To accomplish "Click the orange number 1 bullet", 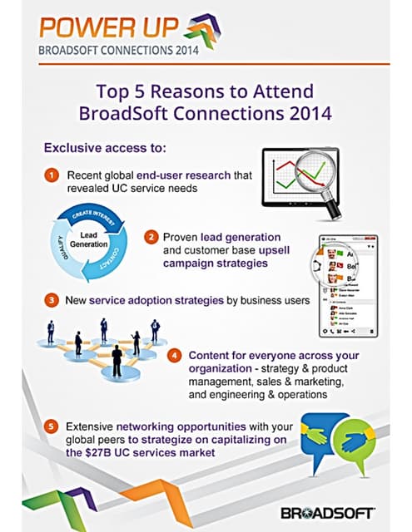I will pyautogui.click(x=52, y=175).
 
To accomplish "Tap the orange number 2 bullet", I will pyautogui.click(x=151, y=237).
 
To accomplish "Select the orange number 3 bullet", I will pyautogui.click(x=52, y=298).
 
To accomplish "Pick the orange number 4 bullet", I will pyautogui.click(x=175, y=355).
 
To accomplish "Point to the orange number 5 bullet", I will pyautogui.click(x=52, y=426).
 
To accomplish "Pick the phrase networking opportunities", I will pyautogui.click(x=161, y=426).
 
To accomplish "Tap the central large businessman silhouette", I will pyautogui.click(x=117, y=360).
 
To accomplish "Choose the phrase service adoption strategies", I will pyautogui.click(x=156, y=298).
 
